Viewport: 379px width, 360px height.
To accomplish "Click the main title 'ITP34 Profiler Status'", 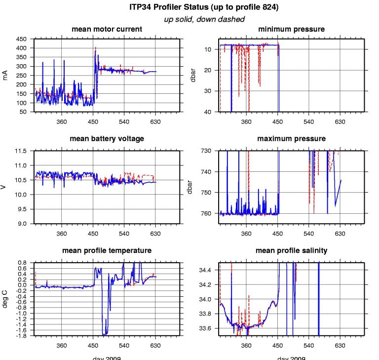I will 189,8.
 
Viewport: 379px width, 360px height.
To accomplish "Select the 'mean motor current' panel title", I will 107,29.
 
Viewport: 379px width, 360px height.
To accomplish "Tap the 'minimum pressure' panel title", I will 291,29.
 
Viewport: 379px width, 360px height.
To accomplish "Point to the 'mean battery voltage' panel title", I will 107,139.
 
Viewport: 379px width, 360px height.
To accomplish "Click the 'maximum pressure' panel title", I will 291,139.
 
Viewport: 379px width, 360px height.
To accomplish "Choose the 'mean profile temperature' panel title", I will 107,251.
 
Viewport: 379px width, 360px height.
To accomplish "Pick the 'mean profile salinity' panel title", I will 291,251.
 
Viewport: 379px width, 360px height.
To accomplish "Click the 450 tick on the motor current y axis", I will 21,39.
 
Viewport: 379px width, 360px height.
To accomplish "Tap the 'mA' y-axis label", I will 5,75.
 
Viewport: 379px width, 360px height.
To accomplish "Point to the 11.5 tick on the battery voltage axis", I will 20,151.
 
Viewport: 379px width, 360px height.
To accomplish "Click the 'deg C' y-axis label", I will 5,299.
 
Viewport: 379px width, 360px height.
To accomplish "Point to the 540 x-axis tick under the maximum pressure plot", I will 309,233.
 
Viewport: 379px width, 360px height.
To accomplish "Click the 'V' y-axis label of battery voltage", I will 5,187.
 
